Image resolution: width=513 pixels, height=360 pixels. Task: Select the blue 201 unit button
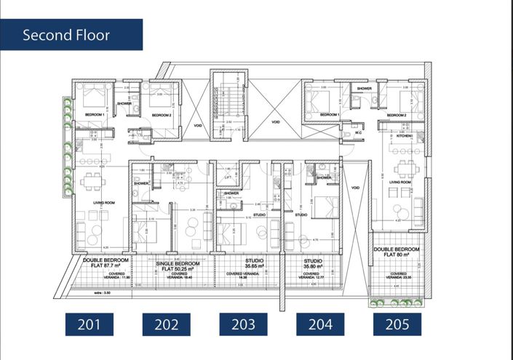coord(89,324)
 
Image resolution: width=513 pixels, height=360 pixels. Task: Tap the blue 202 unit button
coord(166,324)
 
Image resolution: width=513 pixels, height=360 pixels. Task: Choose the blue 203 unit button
coord(243,324)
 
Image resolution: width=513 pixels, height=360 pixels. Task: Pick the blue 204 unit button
coord(320,324)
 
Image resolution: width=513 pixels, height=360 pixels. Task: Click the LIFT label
coord(228,176)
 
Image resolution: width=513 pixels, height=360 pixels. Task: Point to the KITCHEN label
coord(404,136)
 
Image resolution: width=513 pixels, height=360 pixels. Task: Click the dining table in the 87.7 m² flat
coord(92,183)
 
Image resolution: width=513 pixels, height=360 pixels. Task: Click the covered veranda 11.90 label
coord(106,275)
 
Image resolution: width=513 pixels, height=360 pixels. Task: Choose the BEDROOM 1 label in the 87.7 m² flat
coord(95,116)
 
